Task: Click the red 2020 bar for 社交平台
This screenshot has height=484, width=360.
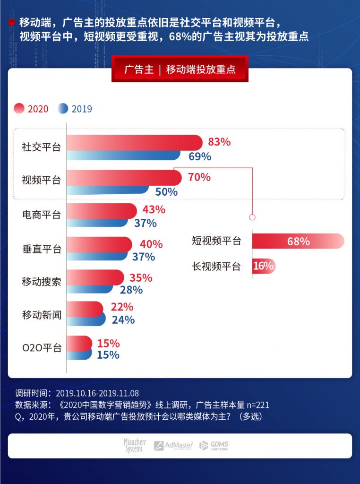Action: [134, 142]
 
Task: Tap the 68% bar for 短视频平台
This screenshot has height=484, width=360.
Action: [298, 241]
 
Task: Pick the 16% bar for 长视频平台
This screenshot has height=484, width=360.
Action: [264, 266]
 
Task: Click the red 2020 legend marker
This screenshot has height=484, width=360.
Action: [19, 109]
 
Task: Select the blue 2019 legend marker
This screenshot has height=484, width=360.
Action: [63, 109]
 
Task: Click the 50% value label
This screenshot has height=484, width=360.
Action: [166, 192]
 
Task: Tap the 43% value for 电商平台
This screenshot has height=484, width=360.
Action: [154, 209]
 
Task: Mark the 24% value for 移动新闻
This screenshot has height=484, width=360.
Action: [123, 320]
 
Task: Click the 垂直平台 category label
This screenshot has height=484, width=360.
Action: [42, 249]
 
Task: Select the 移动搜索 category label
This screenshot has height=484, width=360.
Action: [42, 282]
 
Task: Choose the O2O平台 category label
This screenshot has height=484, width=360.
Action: [42, 348]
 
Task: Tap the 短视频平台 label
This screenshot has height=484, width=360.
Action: [216, 241]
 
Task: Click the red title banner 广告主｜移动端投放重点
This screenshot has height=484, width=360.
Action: [180, 69]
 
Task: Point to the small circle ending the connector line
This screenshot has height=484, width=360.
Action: [252, 217]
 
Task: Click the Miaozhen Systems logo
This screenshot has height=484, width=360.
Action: [135, 445]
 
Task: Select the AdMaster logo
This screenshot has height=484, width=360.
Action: [173, 445]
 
